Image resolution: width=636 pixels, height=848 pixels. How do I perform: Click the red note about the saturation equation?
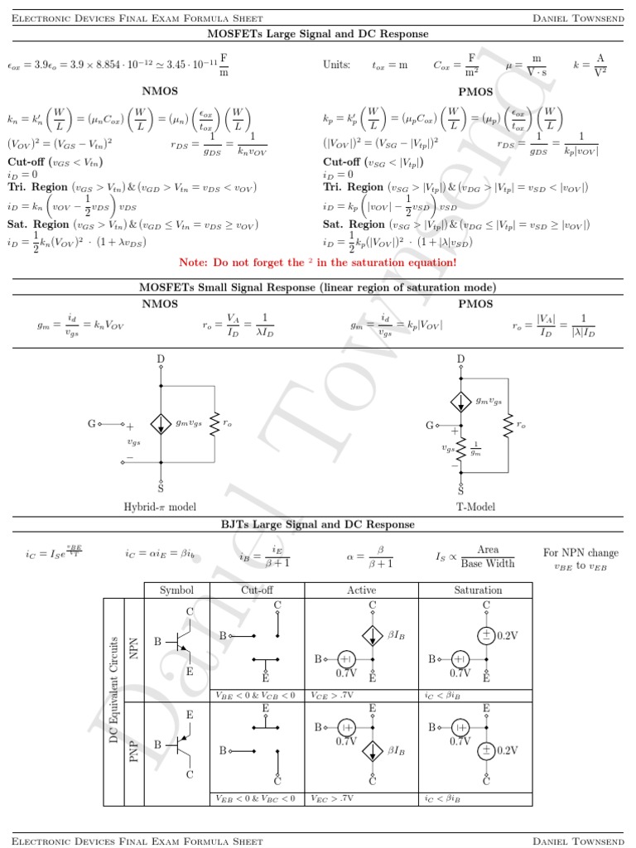(x=317, y=263)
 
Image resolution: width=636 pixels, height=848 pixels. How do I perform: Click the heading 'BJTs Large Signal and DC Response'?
(x=317, y=524)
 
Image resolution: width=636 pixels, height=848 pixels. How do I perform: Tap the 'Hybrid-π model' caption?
(x=160, y=506)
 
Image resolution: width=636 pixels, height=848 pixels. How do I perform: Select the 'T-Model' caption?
(x=475, y=506)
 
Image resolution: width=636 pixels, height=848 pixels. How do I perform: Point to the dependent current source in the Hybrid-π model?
(x=161, y=422)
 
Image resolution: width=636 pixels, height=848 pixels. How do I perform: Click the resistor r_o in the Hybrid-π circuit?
(x=214, y=422)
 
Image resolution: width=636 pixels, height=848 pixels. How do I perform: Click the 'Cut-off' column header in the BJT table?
(x=257, y=590)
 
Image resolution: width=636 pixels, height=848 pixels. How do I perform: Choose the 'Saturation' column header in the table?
(x=477, y=590)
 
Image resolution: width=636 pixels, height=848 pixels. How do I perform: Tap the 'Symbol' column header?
(x=176, y=590)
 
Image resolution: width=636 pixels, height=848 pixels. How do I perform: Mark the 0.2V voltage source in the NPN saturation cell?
(x=486, y=635)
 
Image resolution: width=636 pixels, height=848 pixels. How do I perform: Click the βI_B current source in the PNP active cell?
(x=373, y=751)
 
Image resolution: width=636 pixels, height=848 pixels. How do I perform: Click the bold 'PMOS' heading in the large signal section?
(x=475, y=92)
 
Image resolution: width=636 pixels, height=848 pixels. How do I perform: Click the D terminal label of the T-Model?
(x=461, y=359)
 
